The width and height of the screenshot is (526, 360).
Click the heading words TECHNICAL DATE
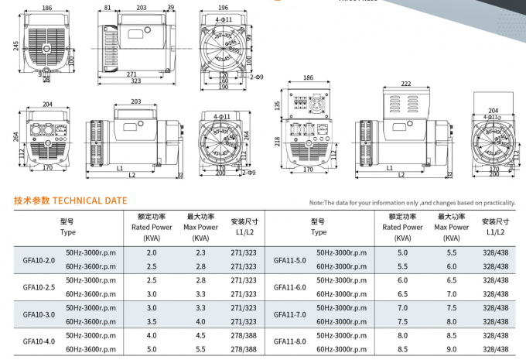[x=88, y=201]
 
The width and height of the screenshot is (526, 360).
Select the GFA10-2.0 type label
[x=39, y=260]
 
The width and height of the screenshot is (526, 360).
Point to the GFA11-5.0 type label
[x=290, y=260]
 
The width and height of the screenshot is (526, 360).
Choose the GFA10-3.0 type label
[x=39, y=314]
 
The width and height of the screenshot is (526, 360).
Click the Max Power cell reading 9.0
[x=452, y=349]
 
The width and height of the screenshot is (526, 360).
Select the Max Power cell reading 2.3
[x=201, y=253]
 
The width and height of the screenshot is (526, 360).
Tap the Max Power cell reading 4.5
[x=201, y=335]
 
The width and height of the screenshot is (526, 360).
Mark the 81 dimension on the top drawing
[x=107, y=8]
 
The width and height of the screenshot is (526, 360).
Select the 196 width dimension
[x=224, y=8]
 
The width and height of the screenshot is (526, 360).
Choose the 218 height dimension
[x=276, y=141]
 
